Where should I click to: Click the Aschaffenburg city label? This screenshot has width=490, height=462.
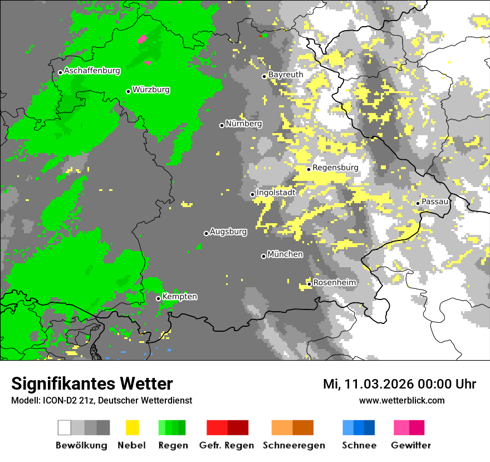pos(92,71)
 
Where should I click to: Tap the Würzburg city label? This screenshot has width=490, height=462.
pos(151,90)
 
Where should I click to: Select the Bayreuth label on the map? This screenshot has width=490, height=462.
pos(286,75)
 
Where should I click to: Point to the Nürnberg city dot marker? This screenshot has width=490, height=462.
pos(222,125)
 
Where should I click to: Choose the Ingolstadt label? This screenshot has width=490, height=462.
pos(276,193)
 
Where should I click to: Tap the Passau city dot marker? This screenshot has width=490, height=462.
pos(418,203)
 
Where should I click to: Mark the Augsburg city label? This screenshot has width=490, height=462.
pos(228,232)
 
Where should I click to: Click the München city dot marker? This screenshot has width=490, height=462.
pos(263,256)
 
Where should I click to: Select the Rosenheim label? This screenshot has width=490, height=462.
pos(335,283)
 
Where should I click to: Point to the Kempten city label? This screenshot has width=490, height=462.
pos(179,297)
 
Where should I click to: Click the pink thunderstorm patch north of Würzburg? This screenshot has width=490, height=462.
pos(143,39)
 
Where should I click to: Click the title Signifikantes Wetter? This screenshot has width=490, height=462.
pos(92,384)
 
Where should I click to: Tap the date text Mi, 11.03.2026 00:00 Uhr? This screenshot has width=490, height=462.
pos(399,384)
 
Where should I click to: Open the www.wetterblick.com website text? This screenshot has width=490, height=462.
pos(401,401)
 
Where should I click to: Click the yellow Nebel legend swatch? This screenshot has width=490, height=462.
pos(132,427)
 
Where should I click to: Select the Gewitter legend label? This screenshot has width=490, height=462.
pos(410,445)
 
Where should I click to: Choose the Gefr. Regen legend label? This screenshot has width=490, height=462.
pos(227,445)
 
